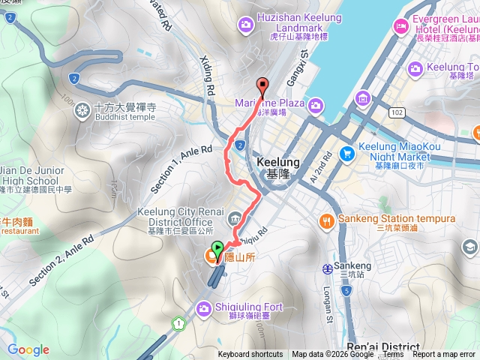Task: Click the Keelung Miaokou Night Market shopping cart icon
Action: click(x=346, y=154)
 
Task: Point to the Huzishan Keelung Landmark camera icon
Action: click(x=245, y=26)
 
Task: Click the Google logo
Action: click(x=28, y=349)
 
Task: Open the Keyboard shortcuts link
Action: click(x=250, y=355)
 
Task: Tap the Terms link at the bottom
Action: click(x=393, y=355)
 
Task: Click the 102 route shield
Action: click(x=396, y=112)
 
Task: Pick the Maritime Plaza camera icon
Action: click(x=316, y=103)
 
